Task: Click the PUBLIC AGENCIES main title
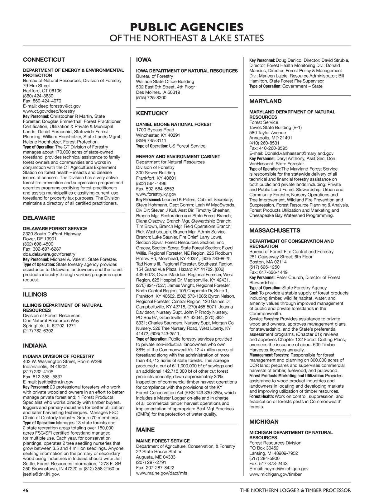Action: pyautogui.click(x=187, y=27)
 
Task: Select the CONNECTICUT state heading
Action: pyautogui.click(x=44, y=60)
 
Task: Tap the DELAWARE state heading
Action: pyautogui.click(x=39, y=218)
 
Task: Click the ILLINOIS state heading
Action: pyautogui.click(x=35, y=295)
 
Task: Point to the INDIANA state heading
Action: pyautogui.click(x=35, y=346)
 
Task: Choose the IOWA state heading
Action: pyautogui.click(x=144, y=60)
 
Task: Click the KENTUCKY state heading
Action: pyautogui.click(x=152, y=113)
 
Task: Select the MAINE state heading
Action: pyautogui.click(x=145, y=430)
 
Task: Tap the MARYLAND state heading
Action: pyautogui.click(x=265, y=101)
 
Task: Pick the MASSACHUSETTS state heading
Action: pyautogui.click(x=275, y=231)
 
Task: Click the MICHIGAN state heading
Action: pyautogui.click(x=264, y=422)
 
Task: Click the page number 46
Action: pyautogui.click(x=26, y=490)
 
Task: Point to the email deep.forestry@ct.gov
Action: pyautogui.click(x=59, y=106)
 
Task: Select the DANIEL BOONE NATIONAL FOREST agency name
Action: pyautogui.click(x=174, y=125)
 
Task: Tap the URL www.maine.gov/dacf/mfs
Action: pyautogui.click(x=162, y=473)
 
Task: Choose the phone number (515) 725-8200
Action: pyautogui.click(x=151, y=98)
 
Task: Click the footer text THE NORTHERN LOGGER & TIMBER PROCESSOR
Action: pyautogui.click(x=295, y=490)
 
